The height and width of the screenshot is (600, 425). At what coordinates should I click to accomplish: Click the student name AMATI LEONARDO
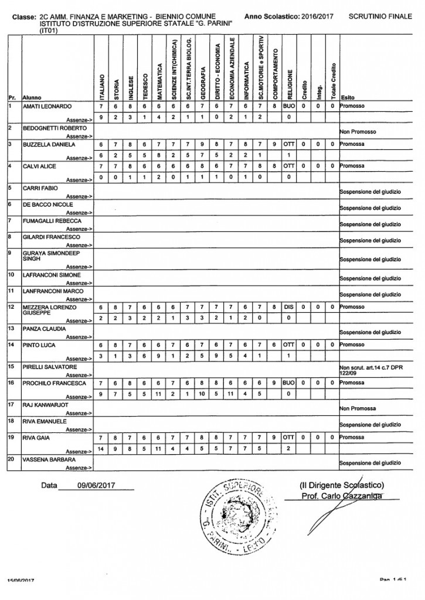[47, 107]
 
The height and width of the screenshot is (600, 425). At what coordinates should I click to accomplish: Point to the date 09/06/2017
[97, 486]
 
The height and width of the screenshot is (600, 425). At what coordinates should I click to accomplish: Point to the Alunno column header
[31, 97]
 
